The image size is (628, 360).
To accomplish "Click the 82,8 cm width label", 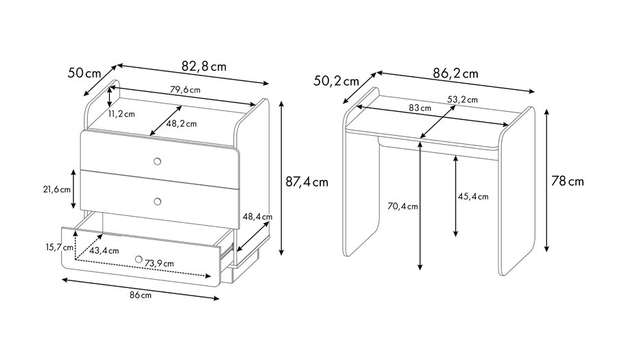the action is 204,66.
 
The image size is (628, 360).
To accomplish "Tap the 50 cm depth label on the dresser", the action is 84,73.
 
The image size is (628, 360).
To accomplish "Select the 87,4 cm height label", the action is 306,182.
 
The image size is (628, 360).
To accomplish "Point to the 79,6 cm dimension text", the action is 185,90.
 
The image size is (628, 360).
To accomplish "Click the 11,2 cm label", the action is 121,114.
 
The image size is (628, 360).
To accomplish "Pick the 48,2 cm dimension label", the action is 182,123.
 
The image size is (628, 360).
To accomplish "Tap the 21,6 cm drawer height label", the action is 57,189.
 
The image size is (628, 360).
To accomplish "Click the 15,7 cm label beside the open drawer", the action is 59,247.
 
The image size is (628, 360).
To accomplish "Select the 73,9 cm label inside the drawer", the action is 160,263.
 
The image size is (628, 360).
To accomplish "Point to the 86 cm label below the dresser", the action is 141,295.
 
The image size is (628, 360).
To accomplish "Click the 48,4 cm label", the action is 258,217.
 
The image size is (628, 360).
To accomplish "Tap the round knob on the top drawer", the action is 158,161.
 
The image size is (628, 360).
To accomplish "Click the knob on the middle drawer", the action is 158,201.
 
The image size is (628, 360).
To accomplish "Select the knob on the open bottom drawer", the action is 138,259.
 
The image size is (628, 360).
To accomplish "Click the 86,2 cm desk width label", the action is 456,73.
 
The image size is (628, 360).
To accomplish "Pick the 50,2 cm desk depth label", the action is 336,81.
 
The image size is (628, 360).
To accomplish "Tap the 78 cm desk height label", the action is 568,182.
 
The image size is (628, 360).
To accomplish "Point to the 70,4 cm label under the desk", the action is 403,206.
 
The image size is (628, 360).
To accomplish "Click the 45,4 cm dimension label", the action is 474,197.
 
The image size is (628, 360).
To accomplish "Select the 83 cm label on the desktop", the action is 420,108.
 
